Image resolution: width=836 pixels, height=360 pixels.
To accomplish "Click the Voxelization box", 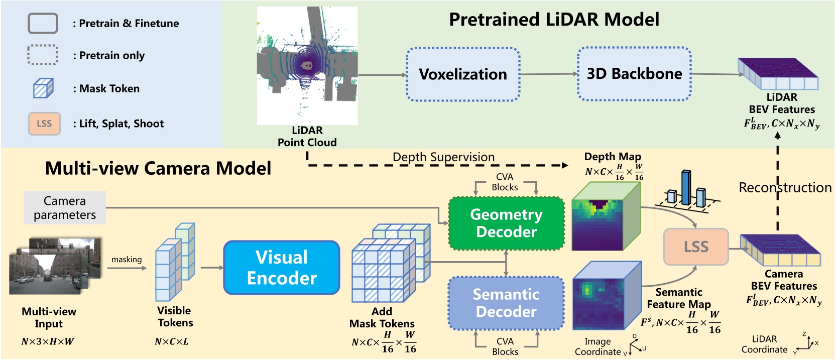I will tap(462, 74).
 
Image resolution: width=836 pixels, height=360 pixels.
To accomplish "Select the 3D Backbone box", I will tap(634, 74).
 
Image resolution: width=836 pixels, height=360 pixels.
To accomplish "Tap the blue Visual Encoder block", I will tap(282, 268).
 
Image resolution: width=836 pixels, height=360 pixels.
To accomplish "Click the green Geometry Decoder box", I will tap(506, 223).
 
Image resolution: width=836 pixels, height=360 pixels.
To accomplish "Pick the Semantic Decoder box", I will tap(506, 303).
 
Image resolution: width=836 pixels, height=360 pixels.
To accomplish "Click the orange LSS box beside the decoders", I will tap(696, 247).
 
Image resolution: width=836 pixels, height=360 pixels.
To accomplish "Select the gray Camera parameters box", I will tap(65, 207).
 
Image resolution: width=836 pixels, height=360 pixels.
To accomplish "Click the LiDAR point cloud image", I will tap(307, 65).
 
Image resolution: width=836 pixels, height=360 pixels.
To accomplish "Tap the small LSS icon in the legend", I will tap(44, 124).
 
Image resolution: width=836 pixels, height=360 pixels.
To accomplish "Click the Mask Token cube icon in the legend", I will tap(43, 88).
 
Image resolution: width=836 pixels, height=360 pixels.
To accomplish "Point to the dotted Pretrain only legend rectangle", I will tap(43, 55).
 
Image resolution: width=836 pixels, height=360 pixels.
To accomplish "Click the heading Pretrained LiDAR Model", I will tap(554, 20).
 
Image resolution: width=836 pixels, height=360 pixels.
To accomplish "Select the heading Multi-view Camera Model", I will tap(158, 168).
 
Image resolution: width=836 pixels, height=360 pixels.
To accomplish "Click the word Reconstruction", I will tap(785, 188).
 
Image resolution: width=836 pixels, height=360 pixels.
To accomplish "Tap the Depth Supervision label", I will tap(443, 157).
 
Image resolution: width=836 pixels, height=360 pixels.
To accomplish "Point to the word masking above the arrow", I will tap(127, 260).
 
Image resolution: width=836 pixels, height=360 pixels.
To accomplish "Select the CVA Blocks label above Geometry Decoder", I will tap(505, 182).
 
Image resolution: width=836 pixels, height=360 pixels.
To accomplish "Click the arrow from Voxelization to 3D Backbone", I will tap(548, 74).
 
